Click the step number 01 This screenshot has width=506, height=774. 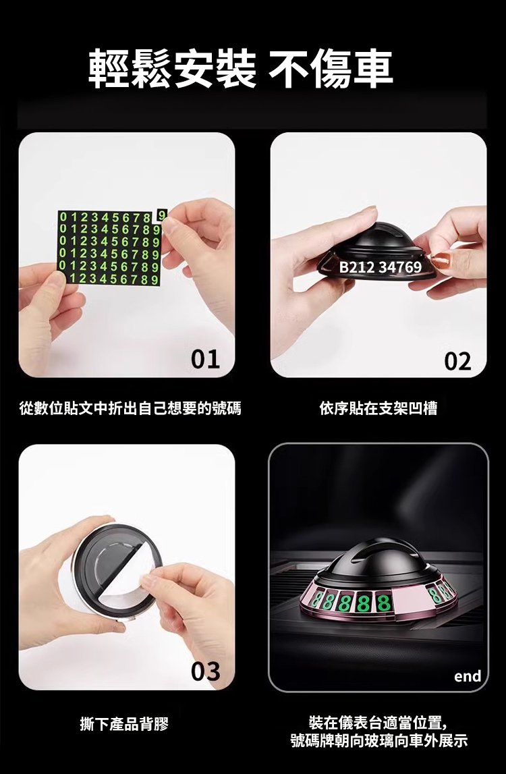(x=205, y=360)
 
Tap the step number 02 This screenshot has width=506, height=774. (x=457, y=361)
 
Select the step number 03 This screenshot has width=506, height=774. (x=206, y=671)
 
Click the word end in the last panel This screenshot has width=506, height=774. (x=467, y=675)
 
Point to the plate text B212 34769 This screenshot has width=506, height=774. (x=381, y=267)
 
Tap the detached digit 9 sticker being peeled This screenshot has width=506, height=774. (x=162, y=215)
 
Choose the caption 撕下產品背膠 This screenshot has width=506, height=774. (x=124, y=725)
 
